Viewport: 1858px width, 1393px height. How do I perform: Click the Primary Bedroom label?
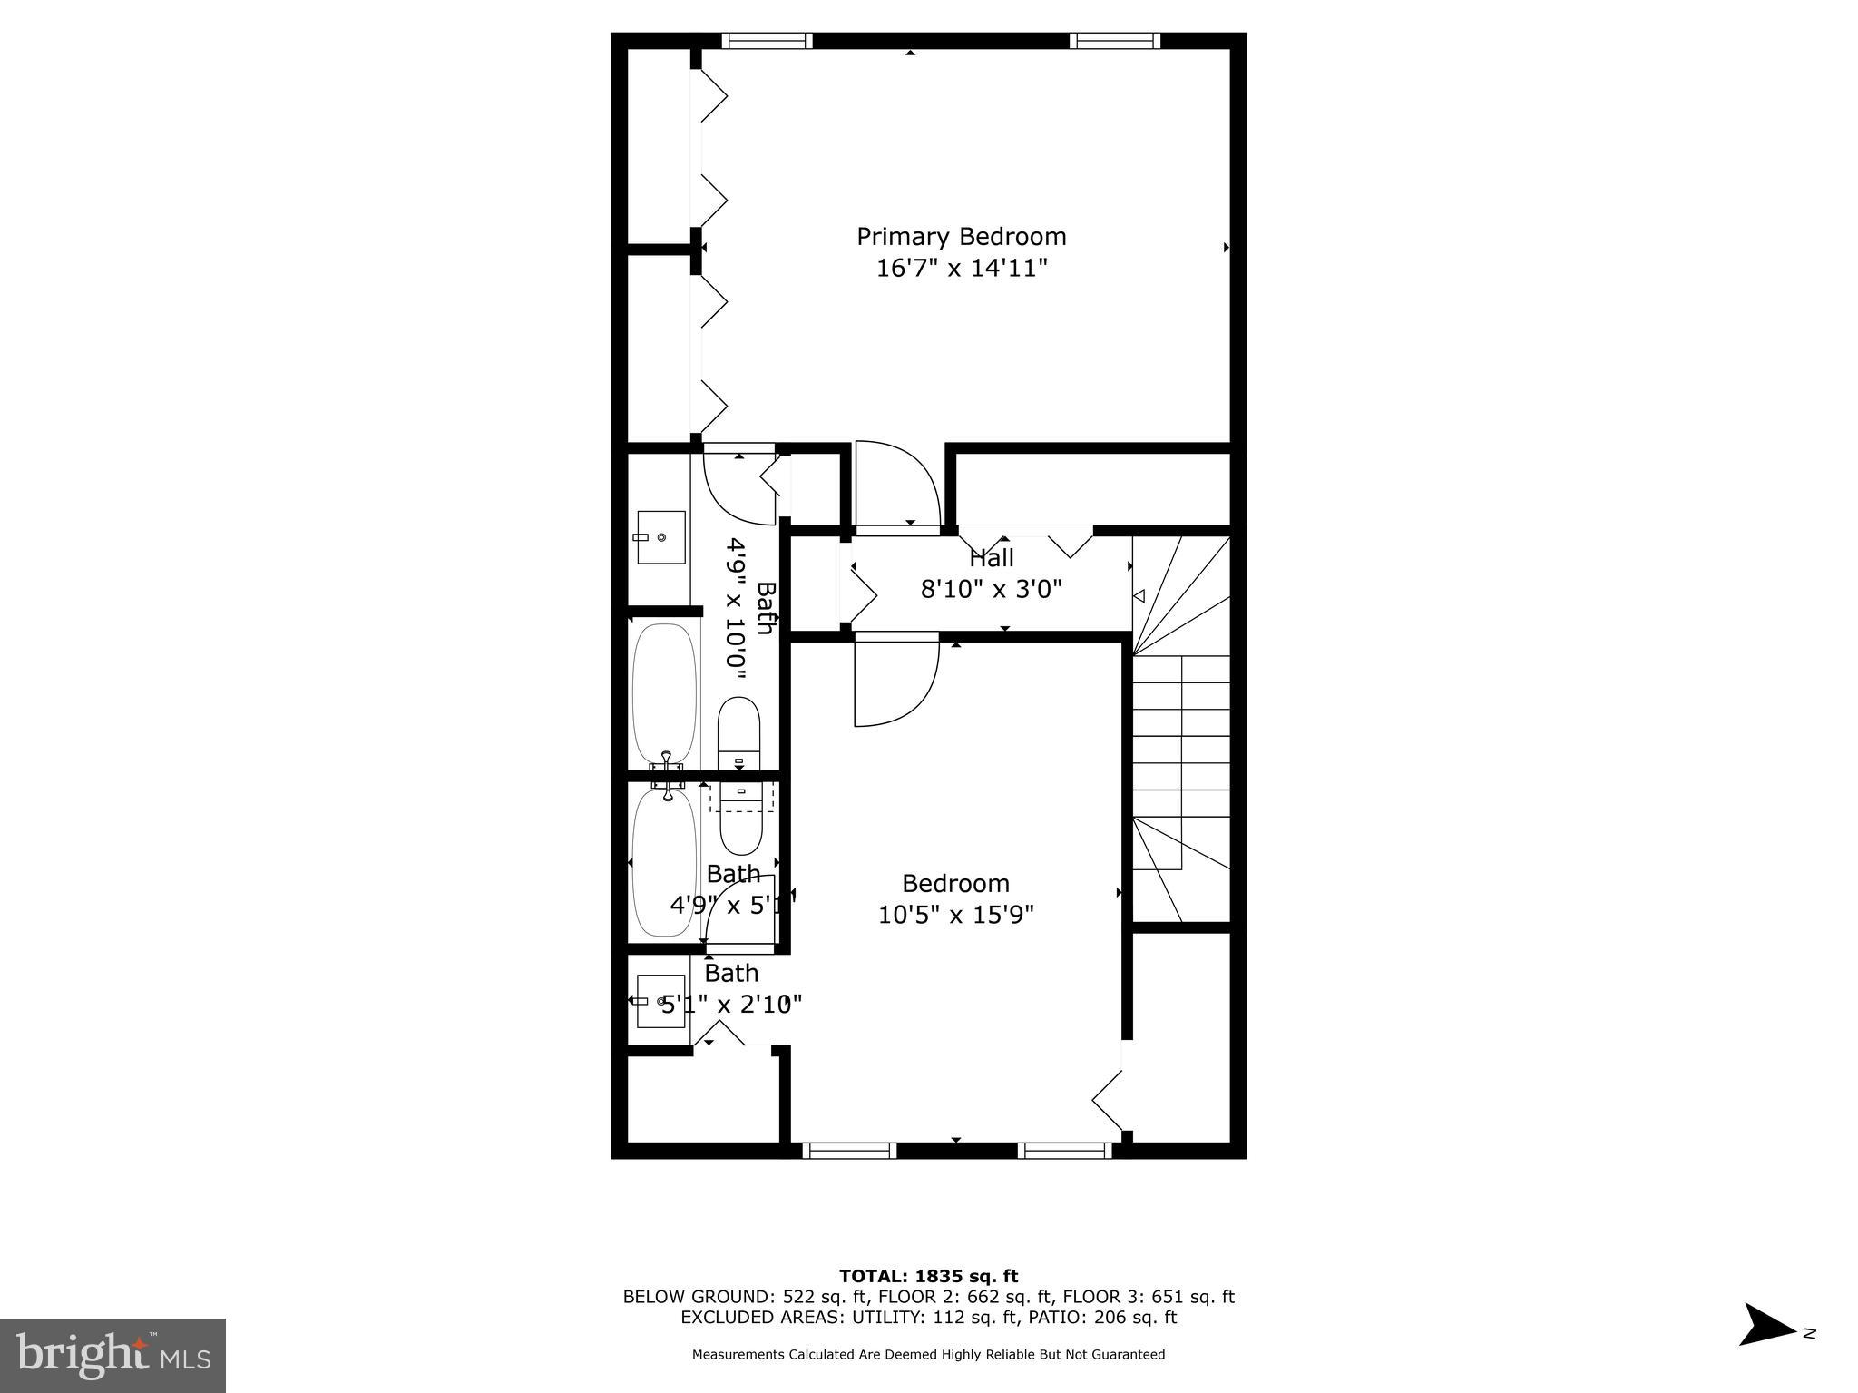961,237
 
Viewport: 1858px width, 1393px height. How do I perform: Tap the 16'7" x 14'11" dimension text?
962,269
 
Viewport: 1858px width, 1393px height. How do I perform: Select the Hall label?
992,558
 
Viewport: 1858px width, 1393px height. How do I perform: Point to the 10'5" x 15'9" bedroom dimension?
955,915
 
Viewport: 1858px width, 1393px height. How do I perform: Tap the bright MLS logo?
112,1356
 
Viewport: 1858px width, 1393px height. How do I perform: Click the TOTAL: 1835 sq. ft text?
928,1277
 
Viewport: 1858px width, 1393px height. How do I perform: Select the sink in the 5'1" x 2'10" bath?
660,1001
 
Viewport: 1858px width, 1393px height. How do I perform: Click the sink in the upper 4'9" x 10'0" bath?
660,537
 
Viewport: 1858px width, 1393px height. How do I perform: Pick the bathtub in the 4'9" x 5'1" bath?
664,862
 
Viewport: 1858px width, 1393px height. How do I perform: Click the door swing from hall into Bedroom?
894,682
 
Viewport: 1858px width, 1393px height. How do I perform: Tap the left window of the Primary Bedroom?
767,41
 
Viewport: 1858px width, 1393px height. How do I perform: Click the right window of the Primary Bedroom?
1114,41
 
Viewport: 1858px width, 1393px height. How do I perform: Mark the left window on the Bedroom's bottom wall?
849,1151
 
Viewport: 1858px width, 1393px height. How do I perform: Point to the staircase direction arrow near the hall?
1139,596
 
